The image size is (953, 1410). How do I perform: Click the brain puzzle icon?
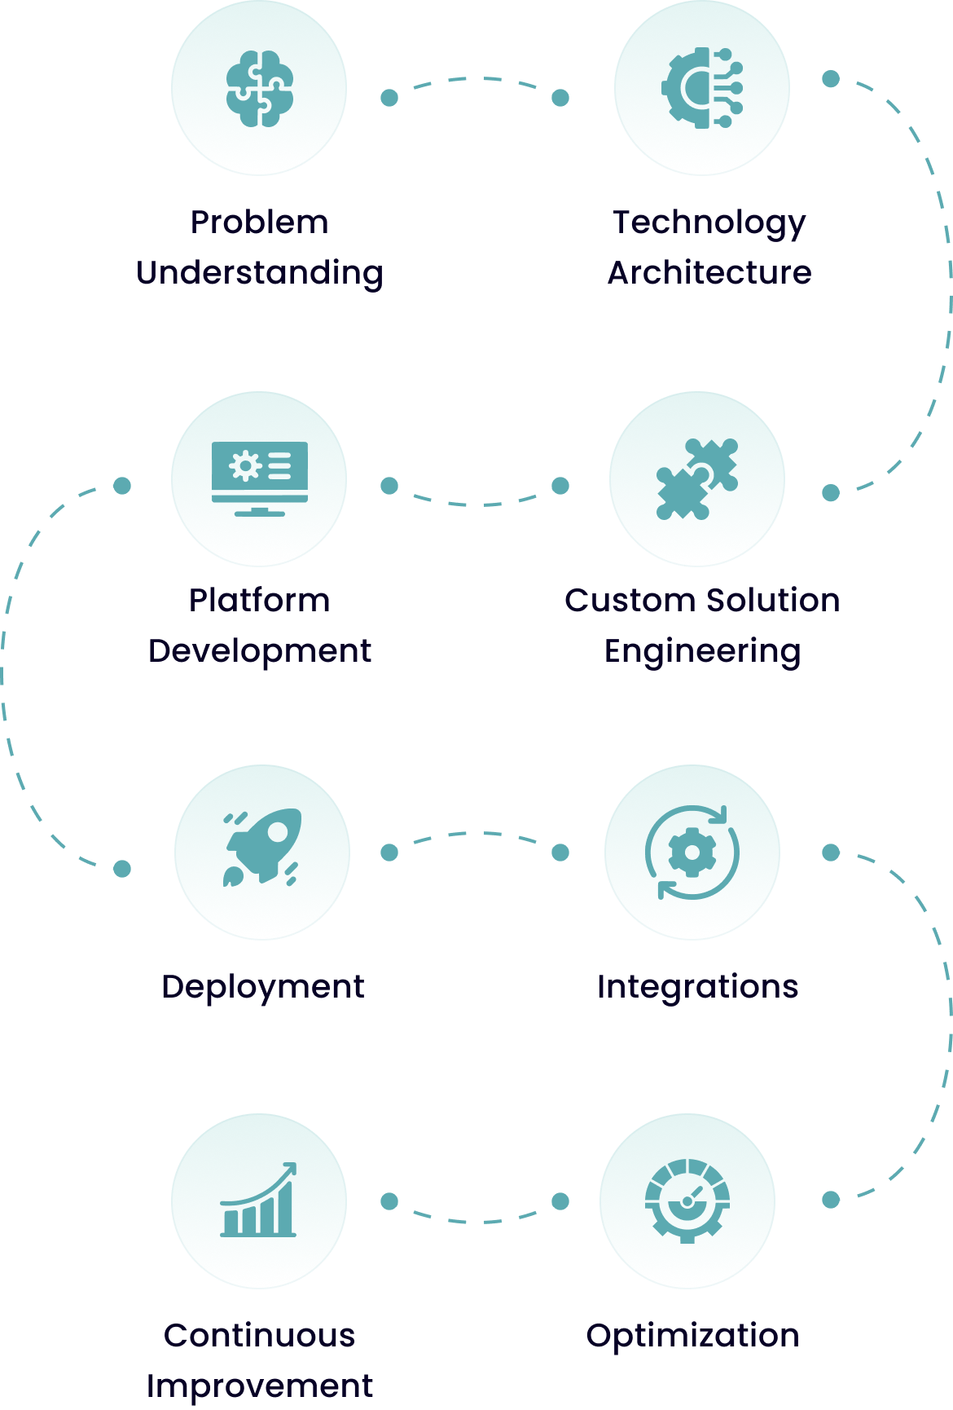tap(260, 89)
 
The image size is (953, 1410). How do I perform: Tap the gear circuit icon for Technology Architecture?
tap(702, 88)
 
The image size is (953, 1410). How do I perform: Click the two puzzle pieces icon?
tap(697, 479)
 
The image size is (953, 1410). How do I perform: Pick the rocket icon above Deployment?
tap(262, 848)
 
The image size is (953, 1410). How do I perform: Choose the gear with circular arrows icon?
tap(692, 853)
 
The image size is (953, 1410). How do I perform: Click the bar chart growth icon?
tap(259, 1201)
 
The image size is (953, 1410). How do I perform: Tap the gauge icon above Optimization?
tap(687, 1201)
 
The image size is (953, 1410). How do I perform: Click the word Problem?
tap(260, 222)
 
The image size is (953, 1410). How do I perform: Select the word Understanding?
tap(260, 273)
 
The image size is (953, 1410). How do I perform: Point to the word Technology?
tap(709, 223)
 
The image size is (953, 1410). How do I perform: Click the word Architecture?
tap(709, 272)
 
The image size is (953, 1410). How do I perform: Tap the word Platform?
tap(260, 601)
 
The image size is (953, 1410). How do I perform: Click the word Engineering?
tap(702, 652)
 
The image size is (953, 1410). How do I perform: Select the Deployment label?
tap(262, 988)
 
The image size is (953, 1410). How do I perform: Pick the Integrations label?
tap(697, 987)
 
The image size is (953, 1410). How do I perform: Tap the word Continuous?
tap(260, 1336)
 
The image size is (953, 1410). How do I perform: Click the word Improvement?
tap(260, 1386)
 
